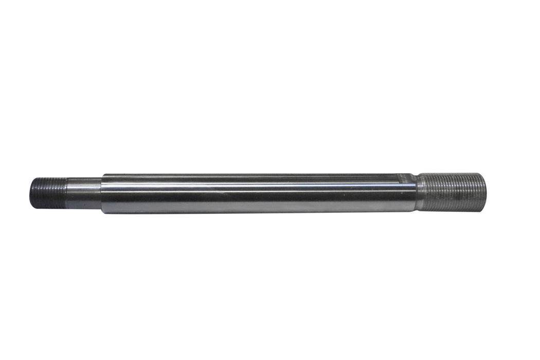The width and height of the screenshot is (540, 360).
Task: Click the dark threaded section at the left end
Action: coord(47,193)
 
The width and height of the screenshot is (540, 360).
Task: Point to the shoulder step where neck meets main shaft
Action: coord(101,193)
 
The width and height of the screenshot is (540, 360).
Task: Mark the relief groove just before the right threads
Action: coord(418,192)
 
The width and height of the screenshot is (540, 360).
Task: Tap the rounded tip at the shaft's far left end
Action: coord(31,193)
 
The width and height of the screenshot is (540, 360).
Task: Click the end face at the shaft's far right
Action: coord(484,191)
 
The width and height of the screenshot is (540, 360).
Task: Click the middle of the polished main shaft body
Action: coord(257,194)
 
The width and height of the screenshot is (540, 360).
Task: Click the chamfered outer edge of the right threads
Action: coord(481,191)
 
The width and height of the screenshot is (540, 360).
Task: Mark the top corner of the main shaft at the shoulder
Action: coord(102,175)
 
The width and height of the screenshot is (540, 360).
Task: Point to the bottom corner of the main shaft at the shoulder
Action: coord(102,212)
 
